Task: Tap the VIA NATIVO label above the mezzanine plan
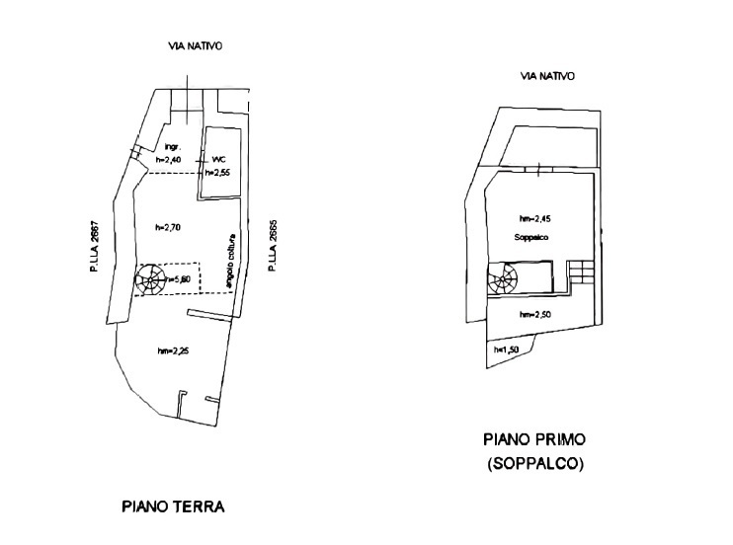[547, 76]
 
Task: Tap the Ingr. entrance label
[171, 148]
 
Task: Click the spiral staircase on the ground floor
[150, 279]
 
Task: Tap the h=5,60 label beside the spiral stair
[181, 279]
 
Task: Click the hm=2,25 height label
[173, 350]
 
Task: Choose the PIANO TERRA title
[173, 507]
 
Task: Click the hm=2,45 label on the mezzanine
[533, 218]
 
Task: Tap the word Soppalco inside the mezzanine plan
[530, 239]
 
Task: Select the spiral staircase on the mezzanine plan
[502, 278]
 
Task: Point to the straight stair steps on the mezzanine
[582, 272]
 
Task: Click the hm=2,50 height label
[534, 314]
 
